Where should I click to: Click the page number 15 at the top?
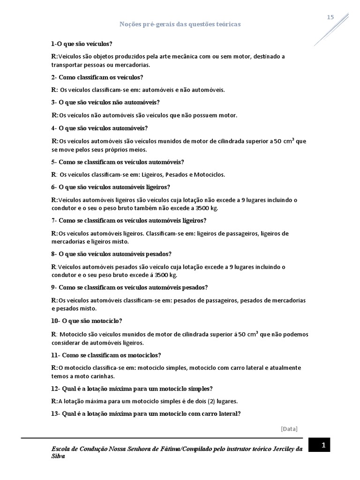(x=330, y=17)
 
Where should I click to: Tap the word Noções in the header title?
(x=131, y=24)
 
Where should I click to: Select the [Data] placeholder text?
(x=289, y=428)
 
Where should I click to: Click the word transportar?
(x=67, y=65)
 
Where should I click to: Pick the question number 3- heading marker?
(x=54, y=102)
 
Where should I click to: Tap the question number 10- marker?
(x=56, y=321)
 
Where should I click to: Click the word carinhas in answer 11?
(x=102, y=376)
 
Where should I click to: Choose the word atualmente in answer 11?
(x=284, y=368)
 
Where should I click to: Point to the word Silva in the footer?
(x=59, y=457)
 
